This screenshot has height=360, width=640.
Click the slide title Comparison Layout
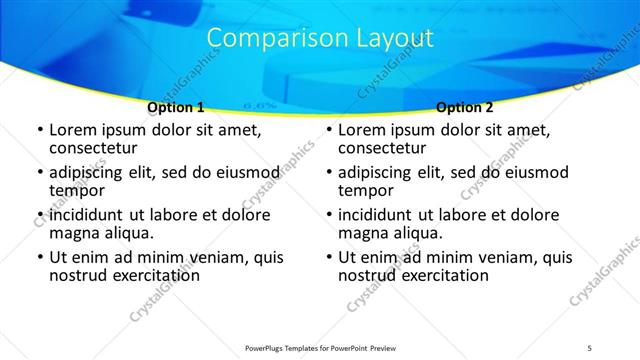pos(320,39)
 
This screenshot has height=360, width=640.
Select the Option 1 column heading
pos(175,107)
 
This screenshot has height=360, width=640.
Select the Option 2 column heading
pos(465,107)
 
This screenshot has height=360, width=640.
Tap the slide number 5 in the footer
pos(590,348)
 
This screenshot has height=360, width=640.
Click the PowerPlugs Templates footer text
pos(320,348)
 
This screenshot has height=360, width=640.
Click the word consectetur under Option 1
pos(94,149)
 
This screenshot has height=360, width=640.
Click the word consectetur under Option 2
pos(383,149)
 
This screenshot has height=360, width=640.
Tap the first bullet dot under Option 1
pos(39,130)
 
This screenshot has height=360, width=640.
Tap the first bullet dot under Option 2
pos(328,130)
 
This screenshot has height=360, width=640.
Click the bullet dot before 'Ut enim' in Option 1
pos(39,257)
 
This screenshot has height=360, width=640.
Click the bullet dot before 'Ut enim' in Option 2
pos(328,257)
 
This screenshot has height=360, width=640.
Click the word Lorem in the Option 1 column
pos(73,130)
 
